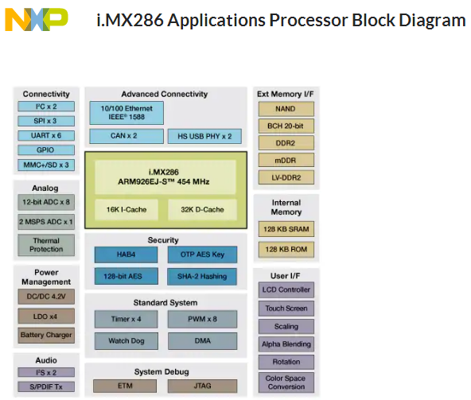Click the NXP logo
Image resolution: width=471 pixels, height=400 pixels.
tap(37, 20)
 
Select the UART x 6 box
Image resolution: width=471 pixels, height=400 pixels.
tap(46, 135)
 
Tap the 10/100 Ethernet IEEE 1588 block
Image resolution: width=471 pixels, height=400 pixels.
tap(127, 113)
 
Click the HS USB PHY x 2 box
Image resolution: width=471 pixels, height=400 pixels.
tap(204, 136)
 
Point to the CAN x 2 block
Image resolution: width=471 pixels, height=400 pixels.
tap(127, 136)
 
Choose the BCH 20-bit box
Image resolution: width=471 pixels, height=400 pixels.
tap(286, 126)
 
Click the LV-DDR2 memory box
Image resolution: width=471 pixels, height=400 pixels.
tap(286, 177)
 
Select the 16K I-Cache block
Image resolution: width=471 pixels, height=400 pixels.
tap(127, 209)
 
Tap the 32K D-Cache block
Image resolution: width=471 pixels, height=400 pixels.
tap(202, 209)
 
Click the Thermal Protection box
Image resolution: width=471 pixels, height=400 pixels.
tap(46, 245)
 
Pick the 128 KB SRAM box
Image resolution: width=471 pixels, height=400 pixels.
tap(286, 229)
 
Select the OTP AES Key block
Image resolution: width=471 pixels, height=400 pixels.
tap(202, 254)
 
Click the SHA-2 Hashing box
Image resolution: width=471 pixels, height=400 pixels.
tap(202, 276)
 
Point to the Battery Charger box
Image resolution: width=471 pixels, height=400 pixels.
tap(46, 335)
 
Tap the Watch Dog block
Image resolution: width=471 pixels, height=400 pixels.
tap(127, 341)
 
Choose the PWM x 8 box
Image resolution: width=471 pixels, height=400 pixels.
tap(202, 319)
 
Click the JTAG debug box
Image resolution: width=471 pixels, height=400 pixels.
tap(202, 386)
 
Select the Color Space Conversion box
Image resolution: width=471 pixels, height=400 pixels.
tap(286, 383)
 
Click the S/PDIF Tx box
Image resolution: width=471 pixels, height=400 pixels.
tap(46, 386)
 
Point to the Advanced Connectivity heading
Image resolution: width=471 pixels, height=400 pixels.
tap(165, 95)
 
